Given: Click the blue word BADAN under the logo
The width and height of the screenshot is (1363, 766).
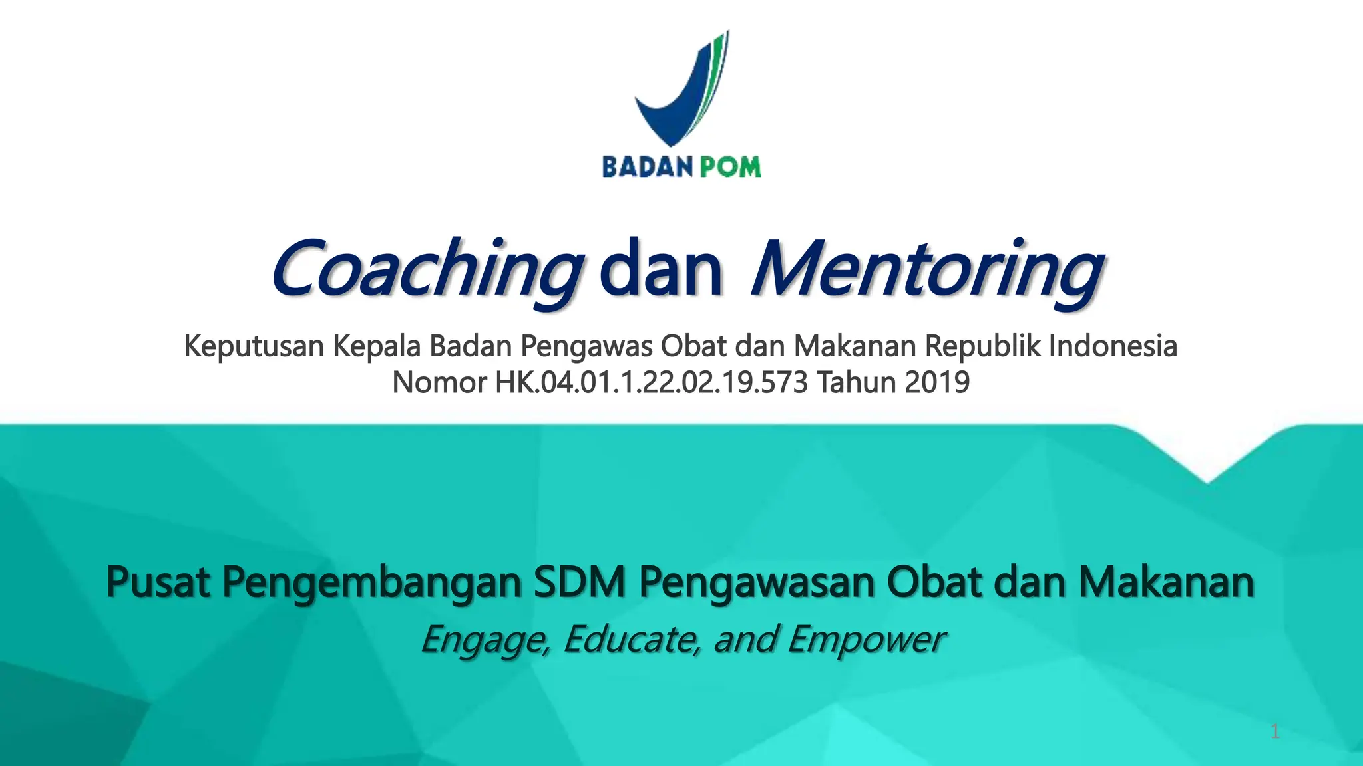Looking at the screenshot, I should [639, 166].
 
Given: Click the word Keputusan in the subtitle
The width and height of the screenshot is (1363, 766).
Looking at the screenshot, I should [254, 346].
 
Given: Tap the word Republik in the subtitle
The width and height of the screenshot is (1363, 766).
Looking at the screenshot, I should [983, 346].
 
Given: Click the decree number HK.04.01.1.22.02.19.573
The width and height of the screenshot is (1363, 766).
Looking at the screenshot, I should [651, 382].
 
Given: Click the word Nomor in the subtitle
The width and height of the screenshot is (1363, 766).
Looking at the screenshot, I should [439, 382].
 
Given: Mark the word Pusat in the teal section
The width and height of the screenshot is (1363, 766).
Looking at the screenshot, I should [158, 582].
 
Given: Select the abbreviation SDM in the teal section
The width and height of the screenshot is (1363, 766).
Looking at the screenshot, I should [580, 582].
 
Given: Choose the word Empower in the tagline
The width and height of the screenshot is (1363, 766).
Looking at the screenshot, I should [865, 640].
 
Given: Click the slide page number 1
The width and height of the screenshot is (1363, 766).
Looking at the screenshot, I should [1274, 732].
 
